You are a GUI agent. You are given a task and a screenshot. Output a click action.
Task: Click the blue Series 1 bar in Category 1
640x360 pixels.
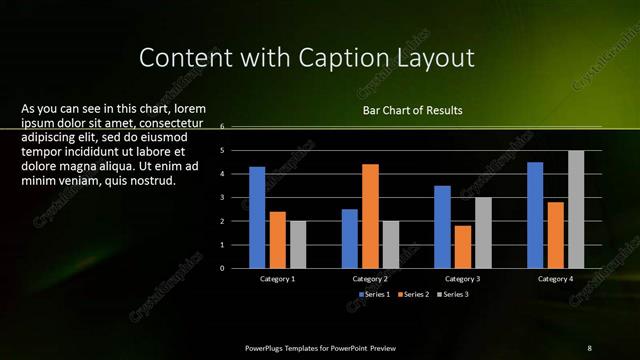click(x=257, y=217)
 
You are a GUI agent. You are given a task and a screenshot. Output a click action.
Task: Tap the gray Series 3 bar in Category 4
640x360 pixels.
click(x=576, y=209)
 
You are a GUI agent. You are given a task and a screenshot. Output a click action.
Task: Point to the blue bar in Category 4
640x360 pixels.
click(x=535, y=215)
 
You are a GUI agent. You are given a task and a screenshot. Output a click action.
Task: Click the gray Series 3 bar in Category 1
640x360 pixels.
click(x=298, y=244)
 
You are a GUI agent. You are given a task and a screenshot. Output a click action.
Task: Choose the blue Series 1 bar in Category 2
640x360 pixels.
click(x=350, y=238)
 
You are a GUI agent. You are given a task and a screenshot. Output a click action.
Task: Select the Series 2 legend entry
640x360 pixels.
click(x=415, y=295)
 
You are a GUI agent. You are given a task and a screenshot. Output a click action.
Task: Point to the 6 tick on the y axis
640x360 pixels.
click(x=236, y=127)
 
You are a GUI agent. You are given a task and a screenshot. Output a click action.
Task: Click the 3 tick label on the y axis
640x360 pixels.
click(x=236, y=198)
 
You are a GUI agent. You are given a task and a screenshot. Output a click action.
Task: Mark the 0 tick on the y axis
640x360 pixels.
click(x=236, y=268)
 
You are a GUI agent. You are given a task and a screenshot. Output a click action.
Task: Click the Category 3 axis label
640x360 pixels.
click(x=463, y=279)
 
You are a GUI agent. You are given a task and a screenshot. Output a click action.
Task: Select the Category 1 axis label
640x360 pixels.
click(x=277, y=279)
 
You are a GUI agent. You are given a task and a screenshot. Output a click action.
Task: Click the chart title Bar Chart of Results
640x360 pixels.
click(x=413, y=110)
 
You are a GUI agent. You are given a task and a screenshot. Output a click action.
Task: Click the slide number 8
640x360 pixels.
click(x=589, y=347)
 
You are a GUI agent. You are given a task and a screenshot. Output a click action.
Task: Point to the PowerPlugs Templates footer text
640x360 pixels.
click(x=320, y=347)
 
